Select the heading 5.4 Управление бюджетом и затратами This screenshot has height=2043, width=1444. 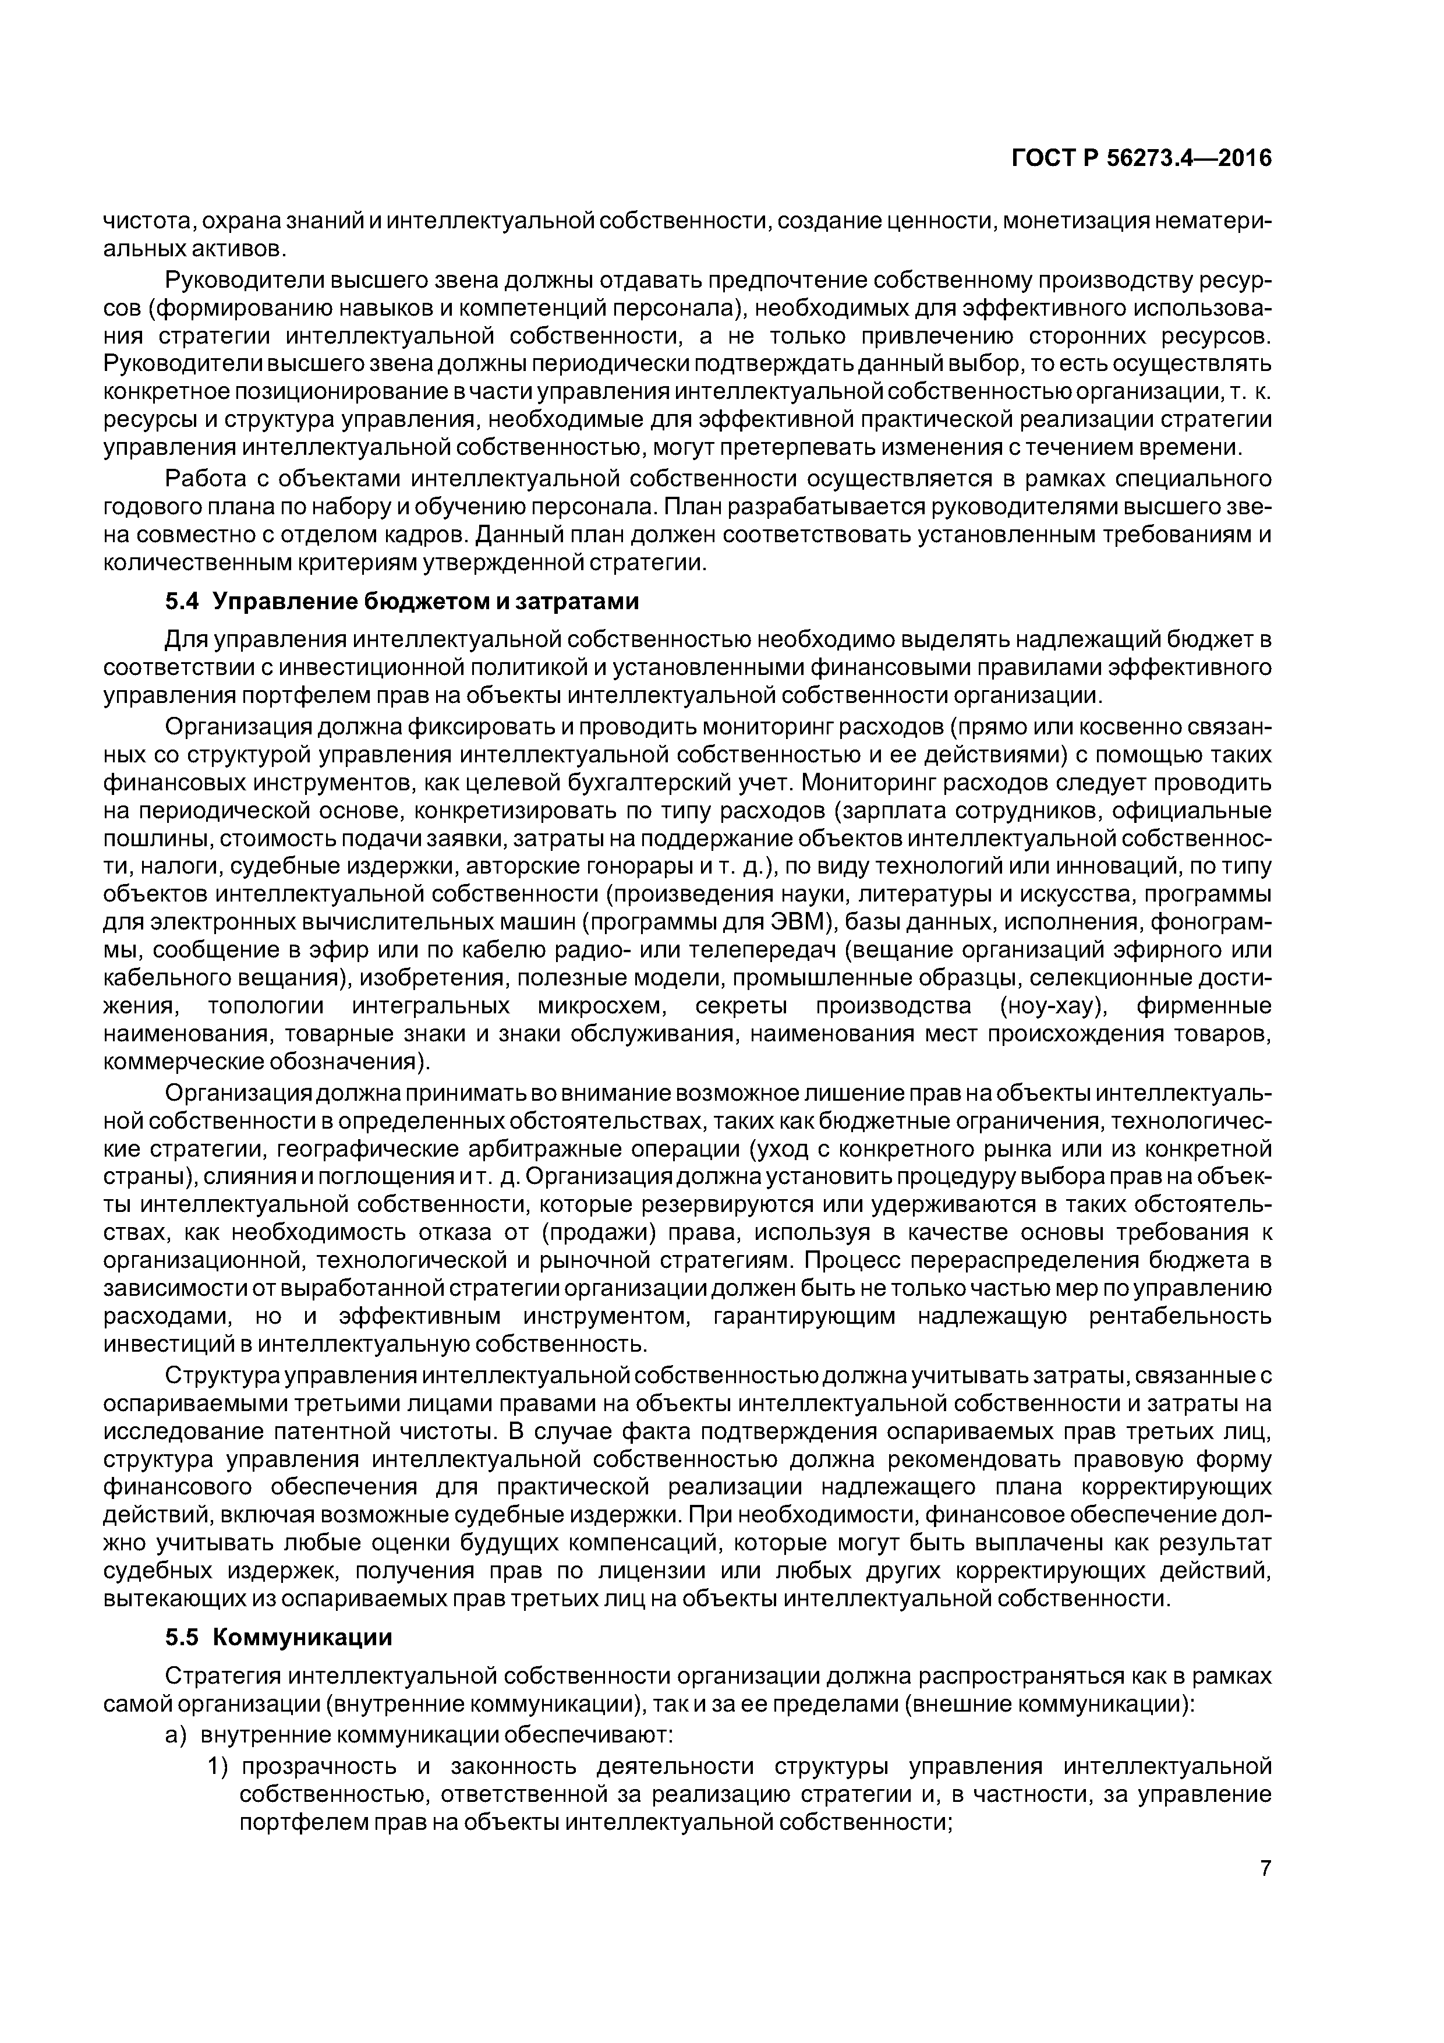tap(402, 602)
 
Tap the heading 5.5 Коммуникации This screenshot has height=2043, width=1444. tap(278, 1637)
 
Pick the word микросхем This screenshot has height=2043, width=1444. tap(600, 1006)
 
